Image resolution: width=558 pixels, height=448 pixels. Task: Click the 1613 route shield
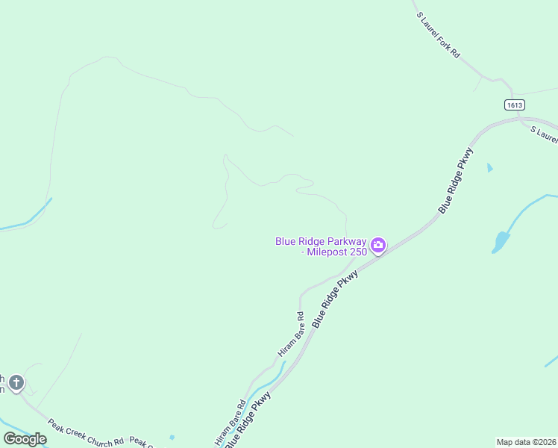514,105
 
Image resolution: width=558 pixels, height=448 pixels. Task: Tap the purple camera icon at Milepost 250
378,245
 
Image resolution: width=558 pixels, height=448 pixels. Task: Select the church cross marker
16,384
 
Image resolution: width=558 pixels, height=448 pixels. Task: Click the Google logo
25,439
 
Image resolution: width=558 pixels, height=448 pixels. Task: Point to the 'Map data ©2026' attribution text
526,442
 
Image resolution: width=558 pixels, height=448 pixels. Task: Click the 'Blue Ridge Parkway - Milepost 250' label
322,246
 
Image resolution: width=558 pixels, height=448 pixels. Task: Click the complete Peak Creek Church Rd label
85,433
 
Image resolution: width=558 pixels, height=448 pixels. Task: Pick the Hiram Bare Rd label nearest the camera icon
291,334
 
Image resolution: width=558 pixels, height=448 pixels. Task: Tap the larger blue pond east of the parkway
500,242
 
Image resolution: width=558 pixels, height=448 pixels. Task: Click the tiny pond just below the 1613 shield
489,168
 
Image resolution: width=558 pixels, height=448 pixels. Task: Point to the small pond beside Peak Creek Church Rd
172,438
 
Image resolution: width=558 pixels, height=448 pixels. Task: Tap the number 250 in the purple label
358,252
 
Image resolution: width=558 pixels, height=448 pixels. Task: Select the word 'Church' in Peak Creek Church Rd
94,435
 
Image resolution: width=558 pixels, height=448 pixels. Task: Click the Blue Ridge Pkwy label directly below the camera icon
335,299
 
